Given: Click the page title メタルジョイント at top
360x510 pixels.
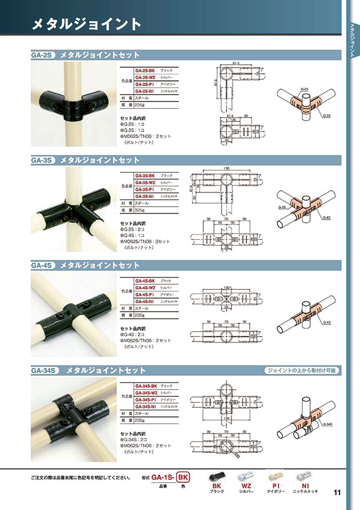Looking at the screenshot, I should coord(86,23).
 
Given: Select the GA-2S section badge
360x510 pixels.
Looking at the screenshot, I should coord(42,55).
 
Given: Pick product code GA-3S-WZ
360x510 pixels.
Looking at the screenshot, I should coord(145,182).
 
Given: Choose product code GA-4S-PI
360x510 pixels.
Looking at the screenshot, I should coord(145,294).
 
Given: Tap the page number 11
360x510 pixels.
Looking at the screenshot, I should coord(337,492).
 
